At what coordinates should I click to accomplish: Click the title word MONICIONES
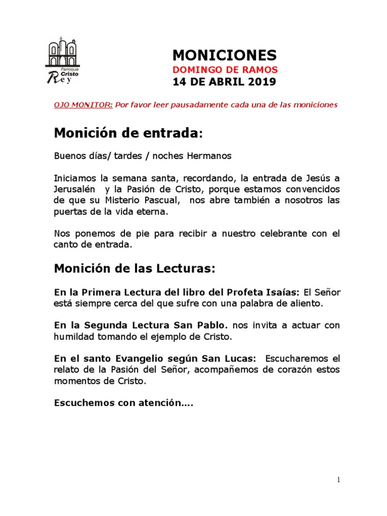224,55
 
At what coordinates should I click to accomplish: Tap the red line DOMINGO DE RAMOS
225,70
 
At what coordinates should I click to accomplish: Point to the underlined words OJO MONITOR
83,105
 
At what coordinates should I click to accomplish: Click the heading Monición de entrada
126,134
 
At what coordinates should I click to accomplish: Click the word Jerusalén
76,189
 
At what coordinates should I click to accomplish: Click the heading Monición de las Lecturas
135,269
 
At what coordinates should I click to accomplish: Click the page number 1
339,480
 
